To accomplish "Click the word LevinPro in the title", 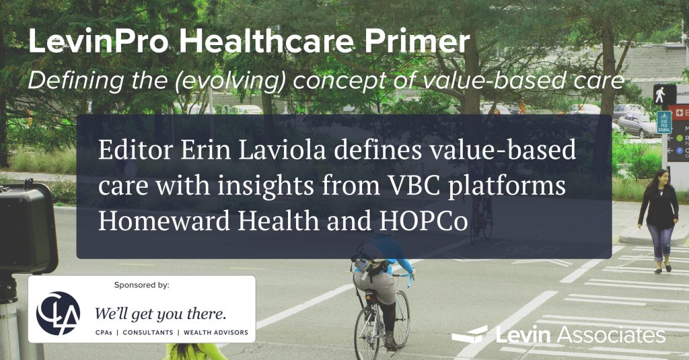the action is (x=98, y=41).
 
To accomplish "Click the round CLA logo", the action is (x=59, y=313).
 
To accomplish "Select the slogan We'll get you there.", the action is (x=161, y=314).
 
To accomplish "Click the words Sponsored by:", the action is (x=141, y=285).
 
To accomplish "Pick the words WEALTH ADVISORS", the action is (x=216, y=332).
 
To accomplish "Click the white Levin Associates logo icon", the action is (x=470, y=334).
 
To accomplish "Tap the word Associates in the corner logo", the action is (x=611, y=335).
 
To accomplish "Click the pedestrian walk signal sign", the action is (x=663, y=94).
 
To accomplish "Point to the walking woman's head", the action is (x=661, y=178).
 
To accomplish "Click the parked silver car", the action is (x=638, y=124).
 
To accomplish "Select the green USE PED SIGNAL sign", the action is (x=664, y=122).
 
